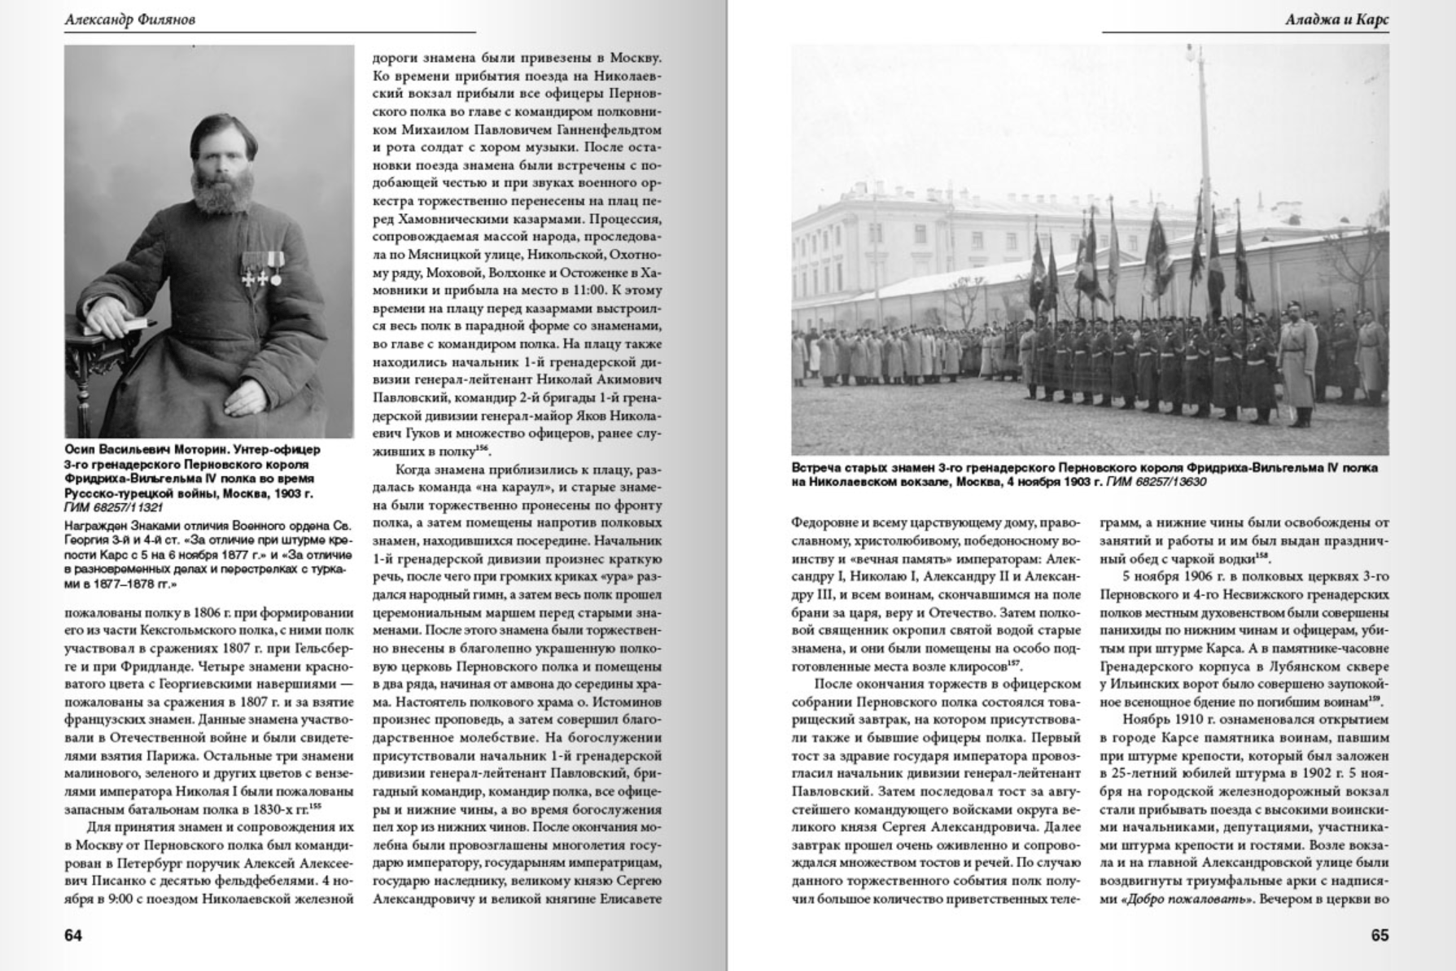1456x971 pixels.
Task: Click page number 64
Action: coord(73,935)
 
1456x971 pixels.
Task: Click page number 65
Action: coord(1379,935)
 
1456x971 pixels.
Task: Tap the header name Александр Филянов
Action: coord(129,20)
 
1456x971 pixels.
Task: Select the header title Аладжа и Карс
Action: coord(1336,20)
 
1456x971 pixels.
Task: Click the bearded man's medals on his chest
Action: coord(263,268)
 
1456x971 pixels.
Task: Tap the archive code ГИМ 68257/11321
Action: coord(114,507)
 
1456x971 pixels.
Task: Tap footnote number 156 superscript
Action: coord(483,448)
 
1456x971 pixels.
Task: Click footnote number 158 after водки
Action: coord(1262,556)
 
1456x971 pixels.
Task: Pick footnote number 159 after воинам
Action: coord(1375,698)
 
